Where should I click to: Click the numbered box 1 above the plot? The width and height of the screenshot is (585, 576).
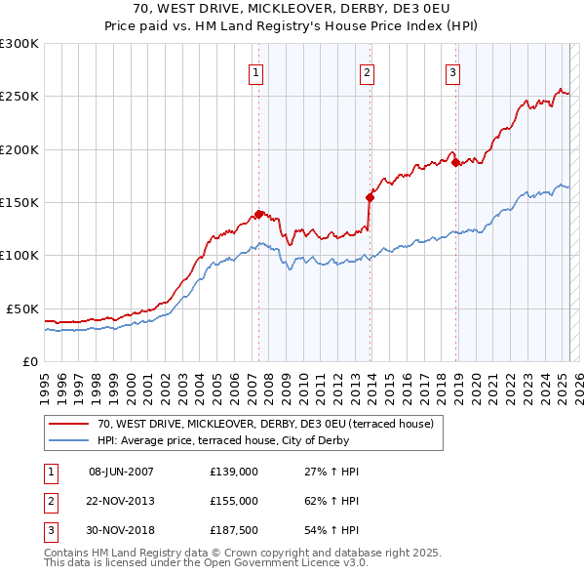tap(255, 71)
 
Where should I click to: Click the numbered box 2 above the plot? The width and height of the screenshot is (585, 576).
tap(367, 71)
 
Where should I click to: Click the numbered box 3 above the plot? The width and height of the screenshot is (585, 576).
tap(453, 71)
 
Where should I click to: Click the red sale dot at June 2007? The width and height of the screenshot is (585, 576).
tap(258, 214)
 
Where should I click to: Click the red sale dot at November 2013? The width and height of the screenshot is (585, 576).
tap(370, 197)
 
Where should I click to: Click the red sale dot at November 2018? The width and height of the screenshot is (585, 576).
tap(456, 163)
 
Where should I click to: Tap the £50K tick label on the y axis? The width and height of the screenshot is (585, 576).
tap(21, 309)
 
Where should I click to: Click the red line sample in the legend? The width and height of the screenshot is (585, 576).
tap(69, 424)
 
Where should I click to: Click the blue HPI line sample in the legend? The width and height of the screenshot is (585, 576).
tap(69, 440)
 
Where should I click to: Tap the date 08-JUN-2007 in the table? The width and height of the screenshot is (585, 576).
tap(121, 472)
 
